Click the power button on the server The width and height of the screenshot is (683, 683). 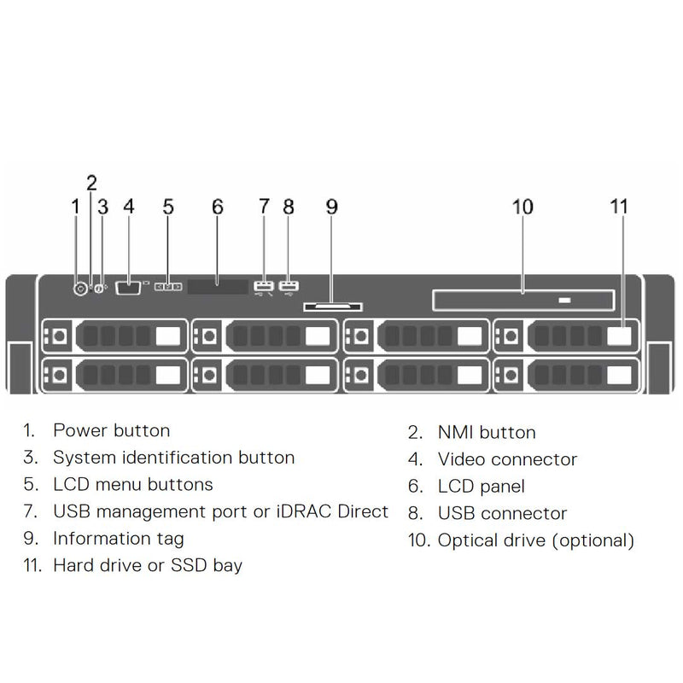81,289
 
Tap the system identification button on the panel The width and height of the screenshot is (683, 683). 99,289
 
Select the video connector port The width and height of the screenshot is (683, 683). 128,288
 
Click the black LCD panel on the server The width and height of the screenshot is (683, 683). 217,287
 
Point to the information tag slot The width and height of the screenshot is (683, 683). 330,304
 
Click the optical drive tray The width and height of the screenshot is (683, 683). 522,300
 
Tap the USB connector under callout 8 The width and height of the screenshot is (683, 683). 289,286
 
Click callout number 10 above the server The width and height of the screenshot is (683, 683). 522,207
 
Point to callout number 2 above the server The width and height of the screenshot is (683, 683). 91,182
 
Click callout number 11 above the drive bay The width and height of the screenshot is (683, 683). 619,207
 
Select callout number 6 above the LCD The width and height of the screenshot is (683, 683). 218,207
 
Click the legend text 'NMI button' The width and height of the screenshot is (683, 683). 487,433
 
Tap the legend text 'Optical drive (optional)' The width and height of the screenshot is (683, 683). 536,540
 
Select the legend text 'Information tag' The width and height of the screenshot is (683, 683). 118,539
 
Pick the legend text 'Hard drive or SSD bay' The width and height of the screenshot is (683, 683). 147,565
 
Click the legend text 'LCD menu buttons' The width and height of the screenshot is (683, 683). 132,485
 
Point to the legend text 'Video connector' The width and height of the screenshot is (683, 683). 507,460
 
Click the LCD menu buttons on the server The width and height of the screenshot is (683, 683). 168,288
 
